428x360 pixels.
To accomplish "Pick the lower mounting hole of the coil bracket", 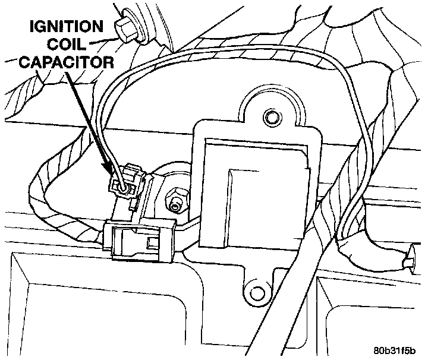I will click(x=257, y=292).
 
